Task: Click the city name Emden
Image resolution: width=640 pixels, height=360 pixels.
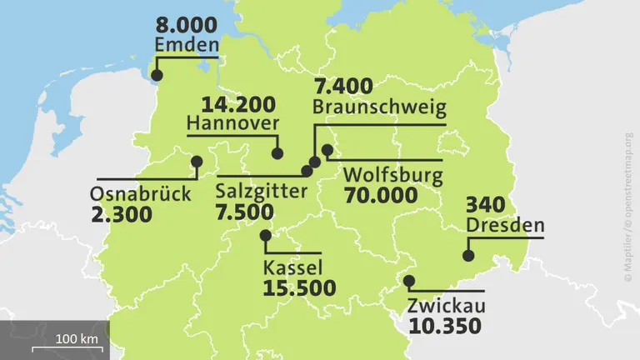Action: (x=187, y=44)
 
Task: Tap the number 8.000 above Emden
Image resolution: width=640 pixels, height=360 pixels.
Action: (x=186, y=23)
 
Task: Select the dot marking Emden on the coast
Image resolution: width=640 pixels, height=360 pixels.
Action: (x=157, y=77)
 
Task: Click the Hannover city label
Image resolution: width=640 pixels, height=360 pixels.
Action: (x=232, y=123)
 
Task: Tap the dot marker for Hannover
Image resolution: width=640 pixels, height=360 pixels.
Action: (x=277, y=153)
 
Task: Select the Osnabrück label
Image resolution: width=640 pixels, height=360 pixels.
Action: (x=140, y=194)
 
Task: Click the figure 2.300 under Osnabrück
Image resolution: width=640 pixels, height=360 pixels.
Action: (x=122, y=214)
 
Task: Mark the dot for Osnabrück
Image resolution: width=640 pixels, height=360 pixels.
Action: (x=197, y=161)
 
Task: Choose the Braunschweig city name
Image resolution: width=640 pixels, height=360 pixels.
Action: (x=379, y=107)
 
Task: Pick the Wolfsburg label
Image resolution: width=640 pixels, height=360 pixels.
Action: (x=392, y=177)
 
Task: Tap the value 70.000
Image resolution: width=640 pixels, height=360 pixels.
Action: (x=380, y=196)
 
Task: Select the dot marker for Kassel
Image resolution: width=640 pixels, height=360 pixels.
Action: (x=266, y=236)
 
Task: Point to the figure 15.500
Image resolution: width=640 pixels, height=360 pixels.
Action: (x=299, y=288)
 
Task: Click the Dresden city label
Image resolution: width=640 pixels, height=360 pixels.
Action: (x=505, y=225)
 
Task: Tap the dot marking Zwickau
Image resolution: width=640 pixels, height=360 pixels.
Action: (x=408, y=280)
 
